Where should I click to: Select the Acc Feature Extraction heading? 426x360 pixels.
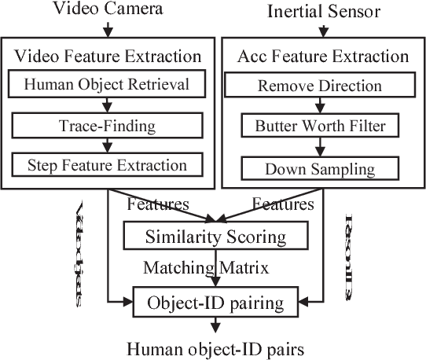click(x=322, y=56)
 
